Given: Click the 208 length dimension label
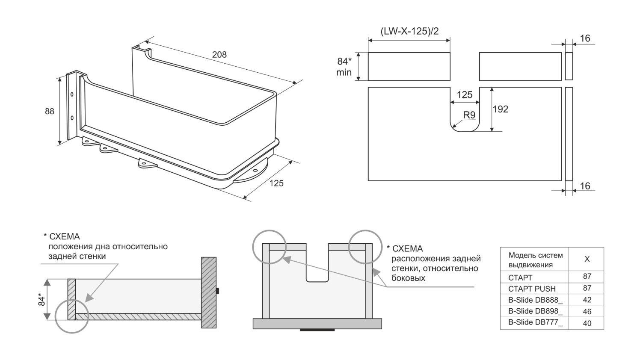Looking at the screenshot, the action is coord(219,54).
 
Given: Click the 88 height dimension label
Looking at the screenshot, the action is coord(49,111).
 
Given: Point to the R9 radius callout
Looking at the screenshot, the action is coord(469,115).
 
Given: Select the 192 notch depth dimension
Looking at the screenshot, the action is coord(501,109).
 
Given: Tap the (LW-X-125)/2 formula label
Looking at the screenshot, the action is coord(409,31).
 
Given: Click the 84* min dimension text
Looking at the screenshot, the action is coord(344,67).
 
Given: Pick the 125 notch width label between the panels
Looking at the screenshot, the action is coord(465,94).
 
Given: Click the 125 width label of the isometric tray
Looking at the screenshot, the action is coord(276,183).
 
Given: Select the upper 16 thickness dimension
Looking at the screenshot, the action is coord(585,38).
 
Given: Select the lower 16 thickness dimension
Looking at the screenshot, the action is coord(585,186).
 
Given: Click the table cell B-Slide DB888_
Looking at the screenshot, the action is coord(535,300).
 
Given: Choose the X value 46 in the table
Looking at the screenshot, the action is coord(587,312).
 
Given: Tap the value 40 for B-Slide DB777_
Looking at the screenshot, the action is coord(587,323).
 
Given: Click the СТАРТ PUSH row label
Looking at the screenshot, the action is coord(532,289).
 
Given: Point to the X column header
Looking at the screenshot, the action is coord(587,259).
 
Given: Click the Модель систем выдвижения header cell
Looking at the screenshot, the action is coord(535,260).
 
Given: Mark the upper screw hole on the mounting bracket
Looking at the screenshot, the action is coord(72,94).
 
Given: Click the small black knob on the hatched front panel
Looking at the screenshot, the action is coord(217,291).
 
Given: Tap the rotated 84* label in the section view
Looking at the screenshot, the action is coord(41,299).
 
